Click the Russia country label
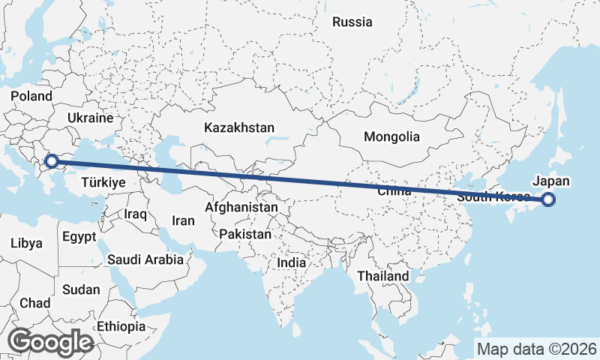point(352,22)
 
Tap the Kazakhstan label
point(239,127)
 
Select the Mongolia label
point(391,137)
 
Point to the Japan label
point(551,181)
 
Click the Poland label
point(31,96)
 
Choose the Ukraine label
point(89,118)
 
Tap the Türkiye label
point(103,182)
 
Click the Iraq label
point(136,214)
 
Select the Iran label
point(183,220)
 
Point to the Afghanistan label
point(242,206)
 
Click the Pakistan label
point(245,234)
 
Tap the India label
point(291,263)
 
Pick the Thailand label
point(383,276)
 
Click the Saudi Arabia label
point(145,259)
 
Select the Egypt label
point(79,237)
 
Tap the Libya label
point(26,243)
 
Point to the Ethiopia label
point(121,326)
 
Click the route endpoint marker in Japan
point(548,199)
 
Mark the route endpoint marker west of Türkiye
point(52,160)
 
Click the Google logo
point(50,341)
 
